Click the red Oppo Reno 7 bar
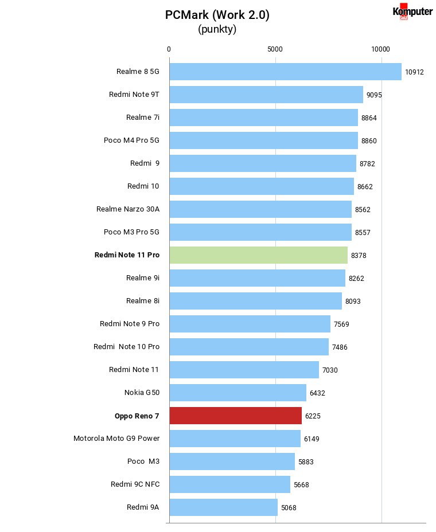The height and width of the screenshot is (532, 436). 236,416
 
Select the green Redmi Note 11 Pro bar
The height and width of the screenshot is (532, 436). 259,255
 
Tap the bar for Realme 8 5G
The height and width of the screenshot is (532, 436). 286,72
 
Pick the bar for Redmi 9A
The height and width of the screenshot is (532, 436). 224,507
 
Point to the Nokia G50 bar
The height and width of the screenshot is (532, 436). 238,393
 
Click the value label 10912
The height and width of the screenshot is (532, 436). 414,72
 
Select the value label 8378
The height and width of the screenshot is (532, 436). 359,256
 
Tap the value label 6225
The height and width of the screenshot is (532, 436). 313,416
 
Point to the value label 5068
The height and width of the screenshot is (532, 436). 289,507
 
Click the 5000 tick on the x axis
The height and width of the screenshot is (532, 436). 275,49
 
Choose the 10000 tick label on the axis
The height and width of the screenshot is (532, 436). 381,49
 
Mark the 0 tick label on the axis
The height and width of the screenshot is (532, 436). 169,49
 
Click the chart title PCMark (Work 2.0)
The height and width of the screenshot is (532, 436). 217,15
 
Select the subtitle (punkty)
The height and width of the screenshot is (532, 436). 217,29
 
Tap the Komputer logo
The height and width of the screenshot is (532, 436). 412,11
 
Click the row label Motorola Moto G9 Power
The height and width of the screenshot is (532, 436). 116,439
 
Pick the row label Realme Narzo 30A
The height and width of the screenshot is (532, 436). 128,209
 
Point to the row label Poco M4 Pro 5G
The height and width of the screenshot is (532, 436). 131,140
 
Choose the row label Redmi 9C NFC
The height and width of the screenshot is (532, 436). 135,484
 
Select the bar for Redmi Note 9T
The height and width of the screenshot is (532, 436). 267,95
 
